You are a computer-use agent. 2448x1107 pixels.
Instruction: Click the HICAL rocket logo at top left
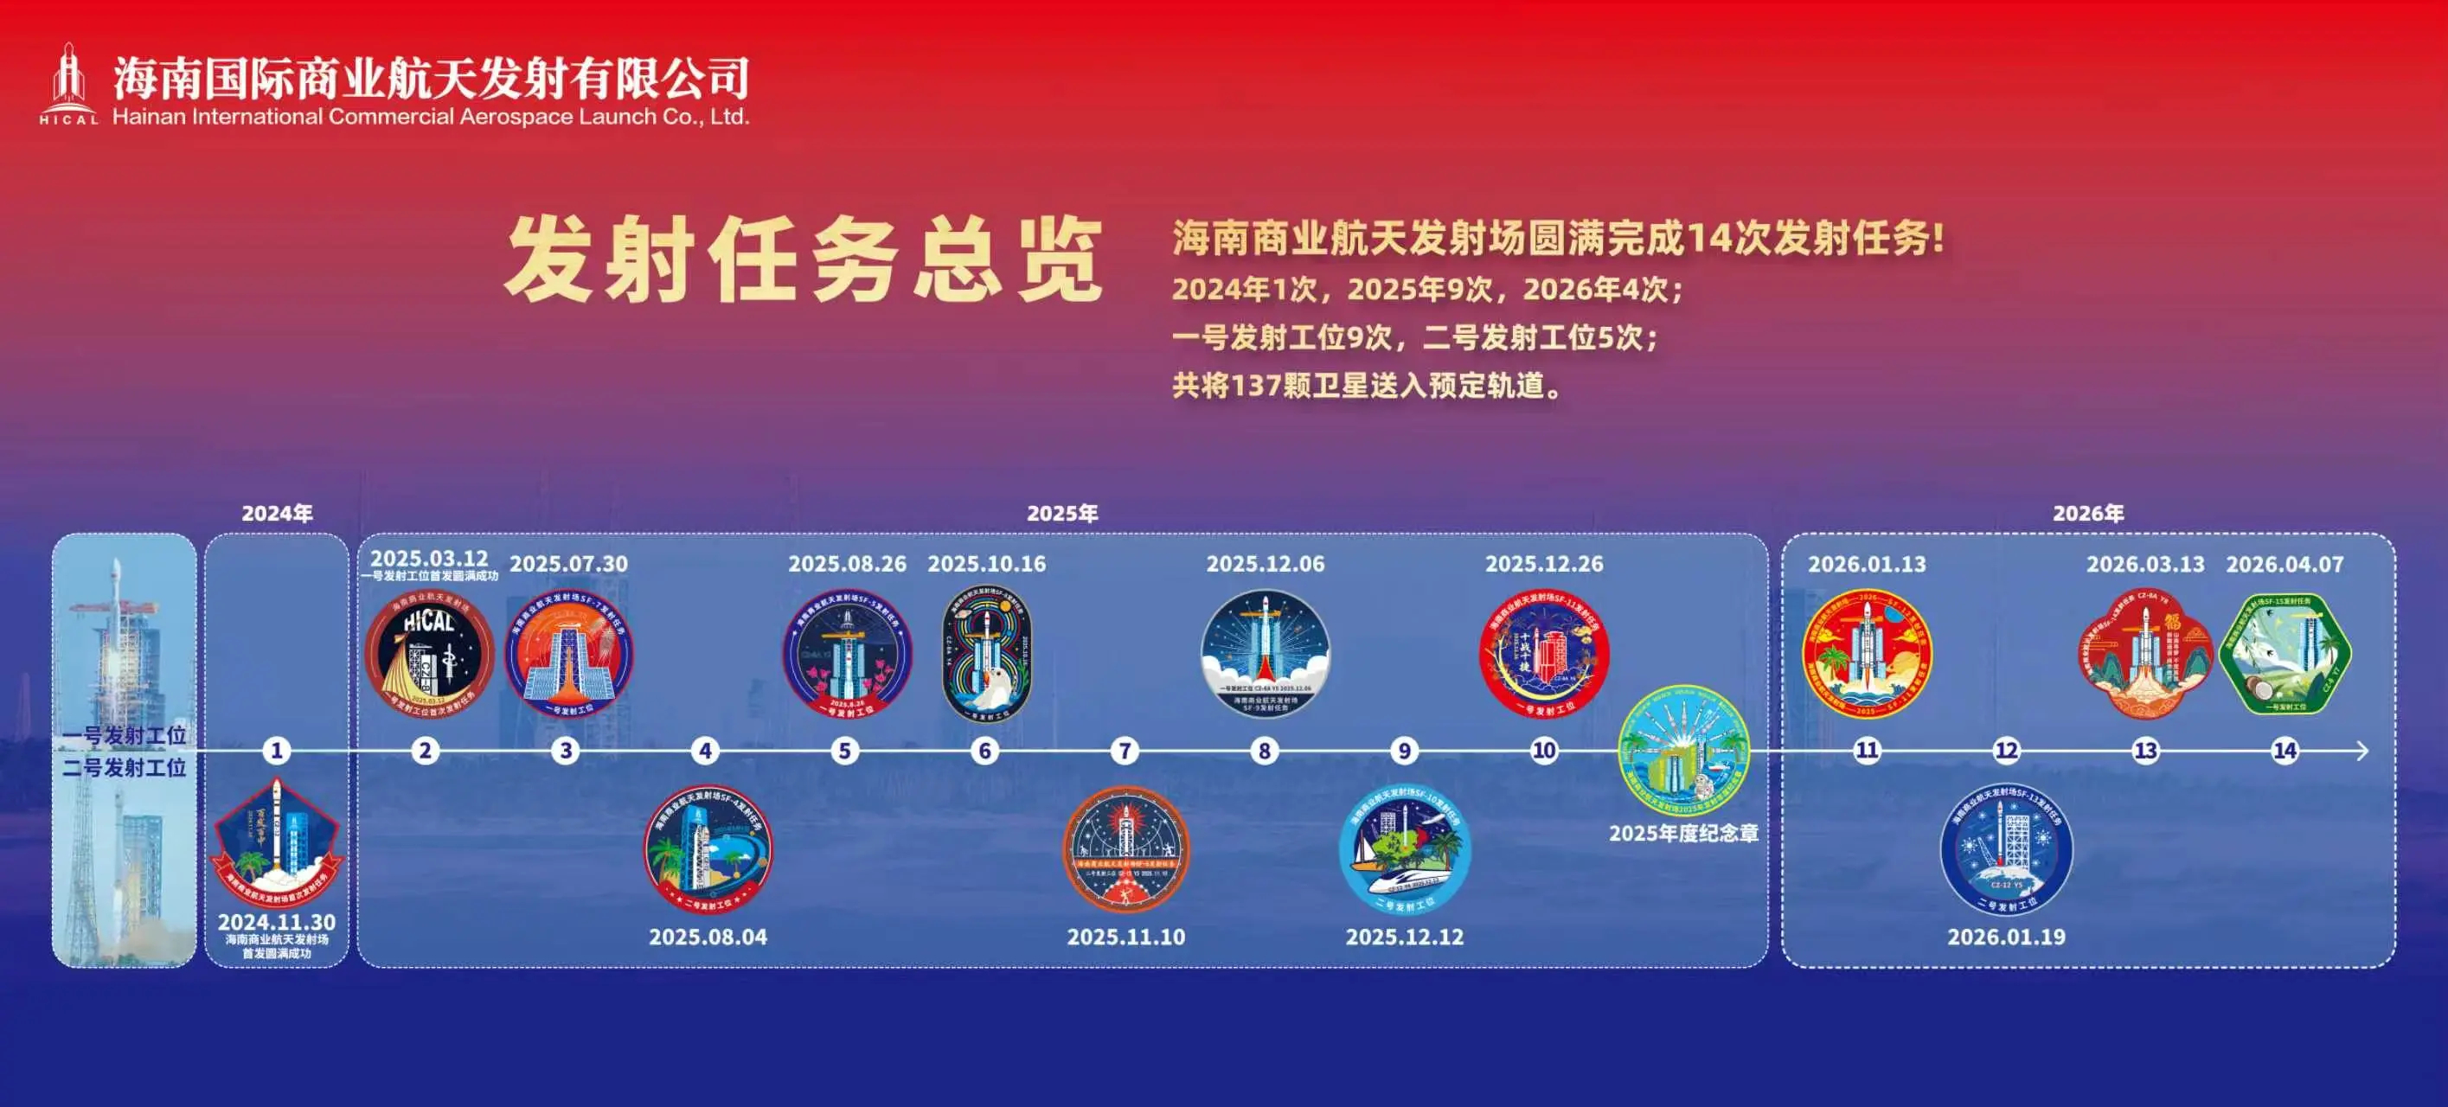tap(68, 84)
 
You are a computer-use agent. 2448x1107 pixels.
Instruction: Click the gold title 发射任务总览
tap(803, 259)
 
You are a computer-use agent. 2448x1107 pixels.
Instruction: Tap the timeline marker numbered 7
tap(1125, 751)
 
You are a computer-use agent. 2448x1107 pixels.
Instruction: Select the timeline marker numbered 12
tap(2005, 751)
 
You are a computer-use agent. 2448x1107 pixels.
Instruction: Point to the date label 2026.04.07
tap(2284, 564)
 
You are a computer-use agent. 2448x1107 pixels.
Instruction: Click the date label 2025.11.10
tap(1125, 936)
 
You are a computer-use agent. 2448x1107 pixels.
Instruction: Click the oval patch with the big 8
tap(985, 654)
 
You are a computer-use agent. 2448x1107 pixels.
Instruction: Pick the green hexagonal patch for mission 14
tap(2285, 654)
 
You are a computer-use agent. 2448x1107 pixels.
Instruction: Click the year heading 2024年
tap(277, 513)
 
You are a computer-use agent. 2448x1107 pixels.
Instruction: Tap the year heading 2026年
tap(2088, 513)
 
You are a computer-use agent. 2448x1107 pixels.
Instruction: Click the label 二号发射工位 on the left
tap(124, 767)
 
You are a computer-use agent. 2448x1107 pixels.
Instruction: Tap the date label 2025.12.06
tap(1264, 564)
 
